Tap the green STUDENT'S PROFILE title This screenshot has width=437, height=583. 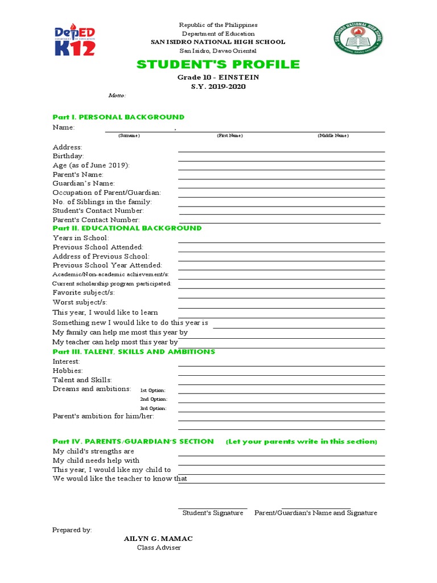pyautogui.click(x=218, y=64)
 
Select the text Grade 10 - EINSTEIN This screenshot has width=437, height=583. pyautogui.click(x=218, y=77)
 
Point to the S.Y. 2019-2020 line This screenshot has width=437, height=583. pyautogui.click(x=218, y=86)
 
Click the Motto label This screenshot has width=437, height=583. pyautogui.click(x=117, y=96)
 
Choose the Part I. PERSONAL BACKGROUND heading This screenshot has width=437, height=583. pyautogui.click(x=118, y=117)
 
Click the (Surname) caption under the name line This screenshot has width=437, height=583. pyautogui.click(x=129, y=136)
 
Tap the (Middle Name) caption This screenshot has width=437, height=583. pyautogui.click(x=333, y=136)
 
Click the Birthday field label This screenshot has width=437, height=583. pyautogui.click(x=68, y=156)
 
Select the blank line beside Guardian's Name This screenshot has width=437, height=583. pyautogui.click(x=281, y=188)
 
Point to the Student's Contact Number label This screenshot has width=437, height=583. pyautogui.click(x=98, y=211)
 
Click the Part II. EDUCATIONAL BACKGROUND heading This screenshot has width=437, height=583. pyautogui.click(x=127, y=228)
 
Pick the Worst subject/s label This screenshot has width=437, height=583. pyautogui.click(x=80, y=302)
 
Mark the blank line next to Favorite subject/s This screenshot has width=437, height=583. pyautogui.click(x=281, y=298)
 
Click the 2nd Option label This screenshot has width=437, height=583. pyautogui.click(x=154, y=399)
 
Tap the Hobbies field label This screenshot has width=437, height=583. pyautogui.click(x=68, y=371)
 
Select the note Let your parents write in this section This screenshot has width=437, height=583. pyautogui.click(x=302, y=442)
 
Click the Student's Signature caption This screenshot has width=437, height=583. pyautogui.click(x=213, y=513)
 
